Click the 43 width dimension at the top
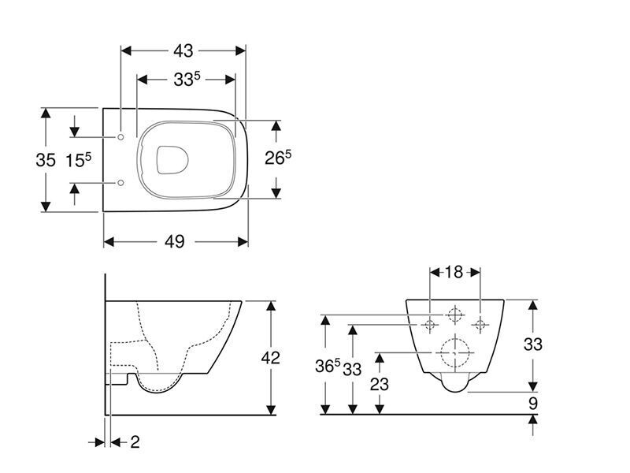click(183, 50)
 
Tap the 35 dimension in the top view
click(46, 160)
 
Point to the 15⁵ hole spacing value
click(78, 160)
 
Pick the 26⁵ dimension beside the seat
click(277, 158)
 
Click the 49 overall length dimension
click(175, 241)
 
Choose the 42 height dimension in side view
click(270, 357)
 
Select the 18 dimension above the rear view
click(454, 272)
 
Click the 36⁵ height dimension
click(327, 367)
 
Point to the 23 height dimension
click(380, 385)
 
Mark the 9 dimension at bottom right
click(532, 403)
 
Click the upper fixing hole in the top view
click(120, 137)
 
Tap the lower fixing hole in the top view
click(120, 183)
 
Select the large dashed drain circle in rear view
click(454, 351)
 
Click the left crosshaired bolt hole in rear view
click(430, 323)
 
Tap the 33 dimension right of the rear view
click(533, 345)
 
